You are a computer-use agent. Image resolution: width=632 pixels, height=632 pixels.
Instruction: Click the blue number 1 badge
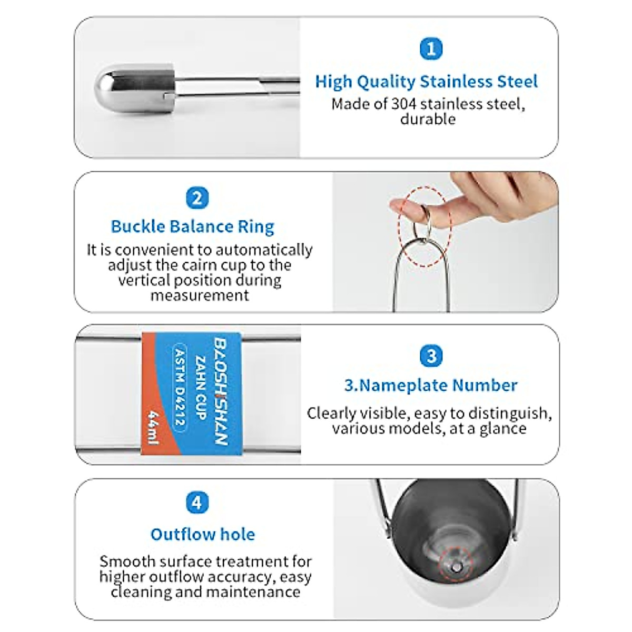(431, 49)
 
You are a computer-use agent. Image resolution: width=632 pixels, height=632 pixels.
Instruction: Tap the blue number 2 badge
(197, 198)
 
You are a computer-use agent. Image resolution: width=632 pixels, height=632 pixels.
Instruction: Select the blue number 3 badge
(431, 356)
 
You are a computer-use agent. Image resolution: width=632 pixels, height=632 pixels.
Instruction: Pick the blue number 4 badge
(196, 502)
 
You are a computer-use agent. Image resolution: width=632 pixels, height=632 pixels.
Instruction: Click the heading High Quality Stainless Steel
(427, 82)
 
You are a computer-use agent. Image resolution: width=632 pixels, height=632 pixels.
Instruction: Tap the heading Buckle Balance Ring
(192, 226)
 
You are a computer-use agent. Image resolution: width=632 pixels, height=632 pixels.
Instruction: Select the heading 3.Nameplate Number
(431, 385)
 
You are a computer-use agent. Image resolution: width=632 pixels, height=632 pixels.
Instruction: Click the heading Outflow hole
(203, 534)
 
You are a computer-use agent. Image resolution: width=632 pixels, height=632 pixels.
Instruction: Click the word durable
(428, 119)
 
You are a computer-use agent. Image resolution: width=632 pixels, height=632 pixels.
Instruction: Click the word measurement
(200, 295)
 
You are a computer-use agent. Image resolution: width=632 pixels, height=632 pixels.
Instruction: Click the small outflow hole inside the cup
(457, 567)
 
